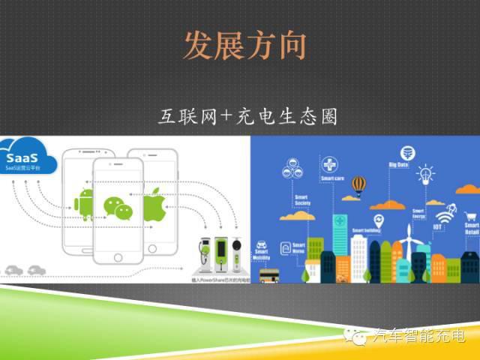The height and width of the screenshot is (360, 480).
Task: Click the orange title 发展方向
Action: coord(244,46)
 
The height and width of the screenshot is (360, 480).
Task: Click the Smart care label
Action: coord(332,179)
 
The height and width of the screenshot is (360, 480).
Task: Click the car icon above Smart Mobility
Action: coord(262,245)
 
